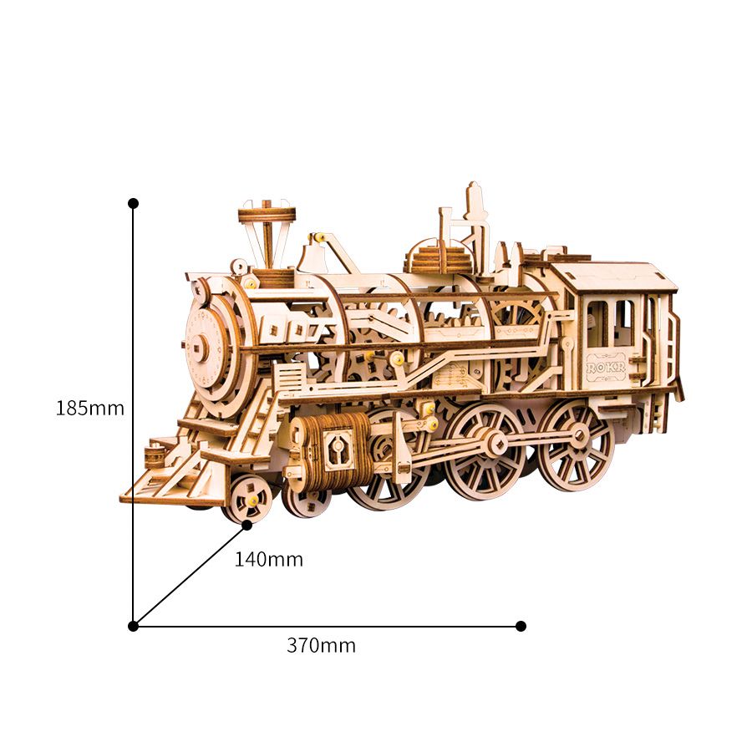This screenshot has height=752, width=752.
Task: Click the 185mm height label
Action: tap(90, 408)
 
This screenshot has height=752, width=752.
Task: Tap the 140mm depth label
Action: tap(268, 559)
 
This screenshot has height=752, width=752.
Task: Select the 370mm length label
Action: tap(322, 646)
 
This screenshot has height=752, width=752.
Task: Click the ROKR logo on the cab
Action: tap(606, 368)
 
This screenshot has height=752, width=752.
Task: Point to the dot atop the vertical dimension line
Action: tap(134, 203)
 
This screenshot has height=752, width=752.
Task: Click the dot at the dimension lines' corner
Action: tap(134, 627)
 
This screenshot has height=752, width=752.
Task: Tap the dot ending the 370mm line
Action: tap(521, 627)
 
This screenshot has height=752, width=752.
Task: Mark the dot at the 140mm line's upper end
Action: tap(247, 526)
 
